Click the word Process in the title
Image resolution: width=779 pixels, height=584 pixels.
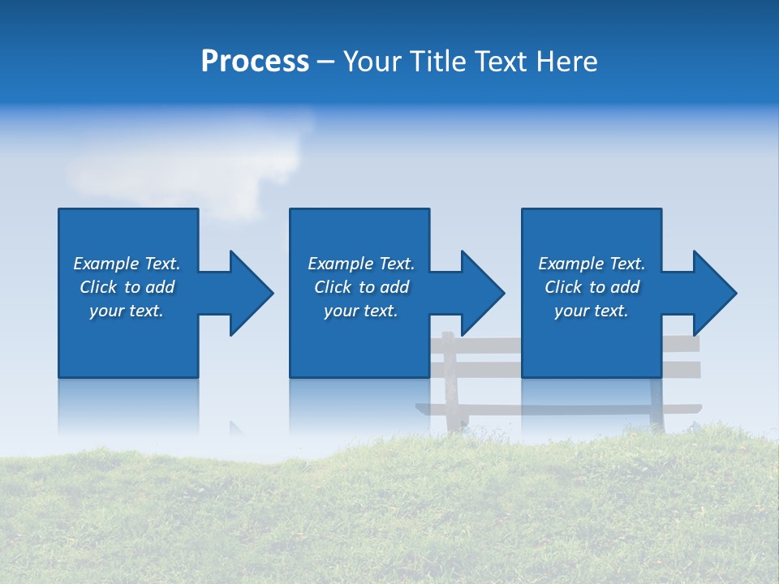(x=255, y=62)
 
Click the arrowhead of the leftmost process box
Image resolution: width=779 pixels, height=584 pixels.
(x=250, y=293)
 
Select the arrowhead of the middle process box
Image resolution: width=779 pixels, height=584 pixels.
(x=482, y=293)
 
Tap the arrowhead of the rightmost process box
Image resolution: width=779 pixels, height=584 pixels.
(x=714, y=293)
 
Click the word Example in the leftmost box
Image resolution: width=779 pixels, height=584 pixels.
(x=106, y=264)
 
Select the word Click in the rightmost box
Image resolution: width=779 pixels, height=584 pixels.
(x=564, y=287)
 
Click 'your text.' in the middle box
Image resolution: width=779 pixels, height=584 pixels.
(x=360, y=311)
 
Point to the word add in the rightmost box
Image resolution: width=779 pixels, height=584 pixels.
(x=625, y=287)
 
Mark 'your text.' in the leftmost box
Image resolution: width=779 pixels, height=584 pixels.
(x=127, y=311)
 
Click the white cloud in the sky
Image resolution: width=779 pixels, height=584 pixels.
(x=195, y=162)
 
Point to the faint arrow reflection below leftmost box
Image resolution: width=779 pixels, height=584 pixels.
(x=236, y=428)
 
